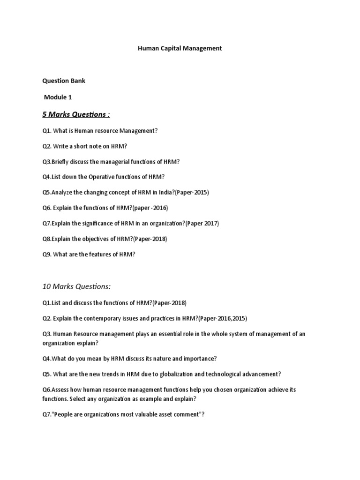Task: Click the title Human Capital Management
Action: (x=180, y=48)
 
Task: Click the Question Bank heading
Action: (x=64, y=81)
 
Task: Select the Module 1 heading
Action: (x=59, y=97)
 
